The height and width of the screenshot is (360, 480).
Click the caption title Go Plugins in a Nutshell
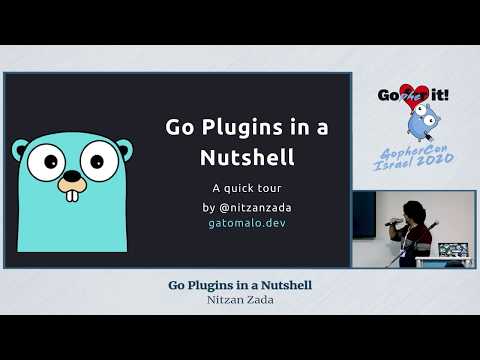[240, 284]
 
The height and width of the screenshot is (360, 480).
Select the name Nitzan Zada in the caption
[240, 298]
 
